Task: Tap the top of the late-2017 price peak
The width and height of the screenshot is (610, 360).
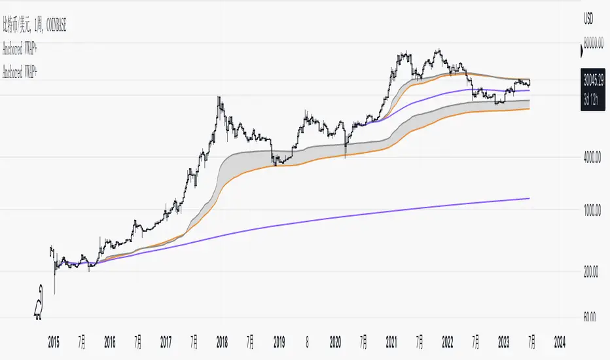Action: tap(219, 97)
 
